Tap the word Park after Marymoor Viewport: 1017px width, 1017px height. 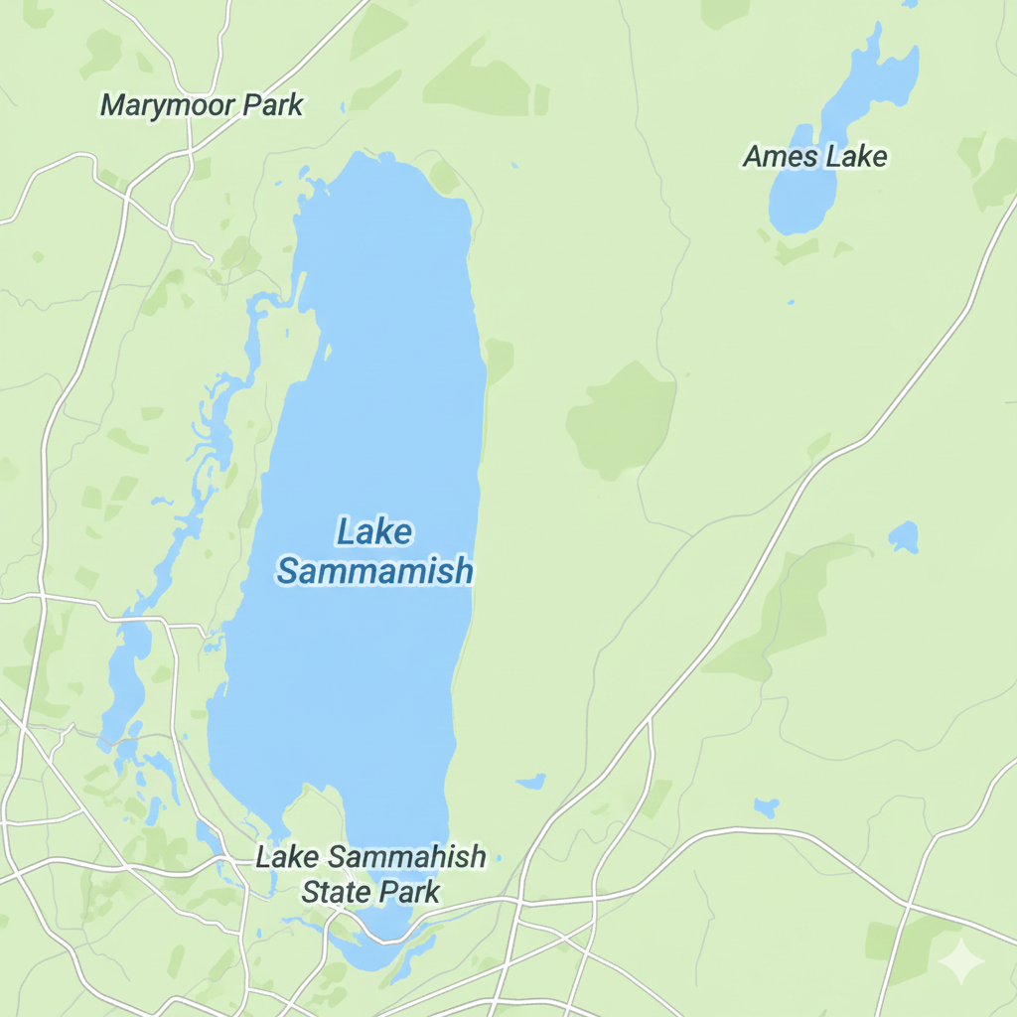[270, 105]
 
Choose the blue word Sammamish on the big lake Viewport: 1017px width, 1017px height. [374, 572]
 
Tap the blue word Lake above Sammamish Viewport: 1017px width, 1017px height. [373, 532]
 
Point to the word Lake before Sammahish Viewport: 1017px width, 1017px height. [288, 856]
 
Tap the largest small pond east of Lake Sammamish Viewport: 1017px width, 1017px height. [903, 537]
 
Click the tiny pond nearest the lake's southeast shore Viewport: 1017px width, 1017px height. [532, 782]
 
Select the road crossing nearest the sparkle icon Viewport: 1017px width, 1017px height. [906, 906]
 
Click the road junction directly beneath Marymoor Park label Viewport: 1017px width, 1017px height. [189, 154]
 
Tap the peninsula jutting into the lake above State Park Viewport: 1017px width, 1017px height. [316, 809]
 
